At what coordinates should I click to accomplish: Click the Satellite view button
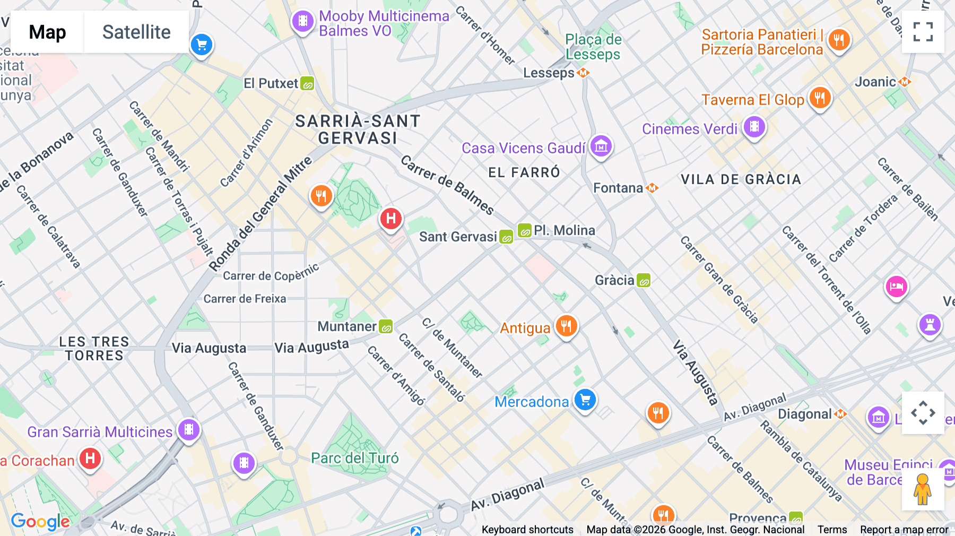tap(136, 32)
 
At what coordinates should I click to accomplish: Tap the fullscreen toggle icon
tap(923, 32)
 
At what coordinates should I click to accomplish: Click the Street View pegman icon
tap(923, 489)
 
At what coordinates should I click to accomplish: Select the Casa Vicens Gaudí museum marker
tap(601, 146)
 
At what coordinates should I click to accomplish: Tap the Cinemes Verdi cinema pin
tap(754, 127)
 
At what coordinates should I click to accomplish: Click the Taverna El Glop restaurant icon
tap(820, 98)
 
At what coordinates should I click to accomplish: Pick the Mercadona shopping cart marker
tap(585, 400)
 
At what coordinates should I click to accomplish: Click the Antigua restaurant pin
tap(566, 326)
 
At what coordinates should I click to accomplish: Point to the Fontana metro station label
tap(618, 188)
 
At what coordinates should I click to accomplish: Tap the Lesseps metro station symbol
tap(583, 73)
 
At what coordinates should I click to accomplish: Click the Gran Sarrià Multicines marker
tap(188, 429)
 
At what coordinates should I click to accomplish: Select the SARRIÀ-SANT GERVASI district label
tap(358, 129)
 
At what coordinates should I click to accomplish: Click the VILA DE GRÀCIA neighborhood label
tap(741, 179)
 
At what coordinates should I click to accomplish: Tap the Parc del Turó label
tap(354, 458)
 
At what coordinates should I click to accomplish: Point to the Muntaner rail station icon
tap(386, 326)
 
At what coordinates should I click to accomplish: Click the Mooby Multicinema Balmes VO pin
tap(303, 21)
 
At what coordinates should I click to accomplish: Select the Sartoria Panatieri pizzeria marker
tap(839, 39)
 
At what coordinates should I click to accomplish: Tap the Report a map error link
tap(904, 530)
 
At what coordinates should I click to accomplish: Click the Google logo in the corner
tap(40, 522)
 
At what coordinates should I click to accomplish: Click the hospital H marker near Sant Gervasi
tap(391, 218)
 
